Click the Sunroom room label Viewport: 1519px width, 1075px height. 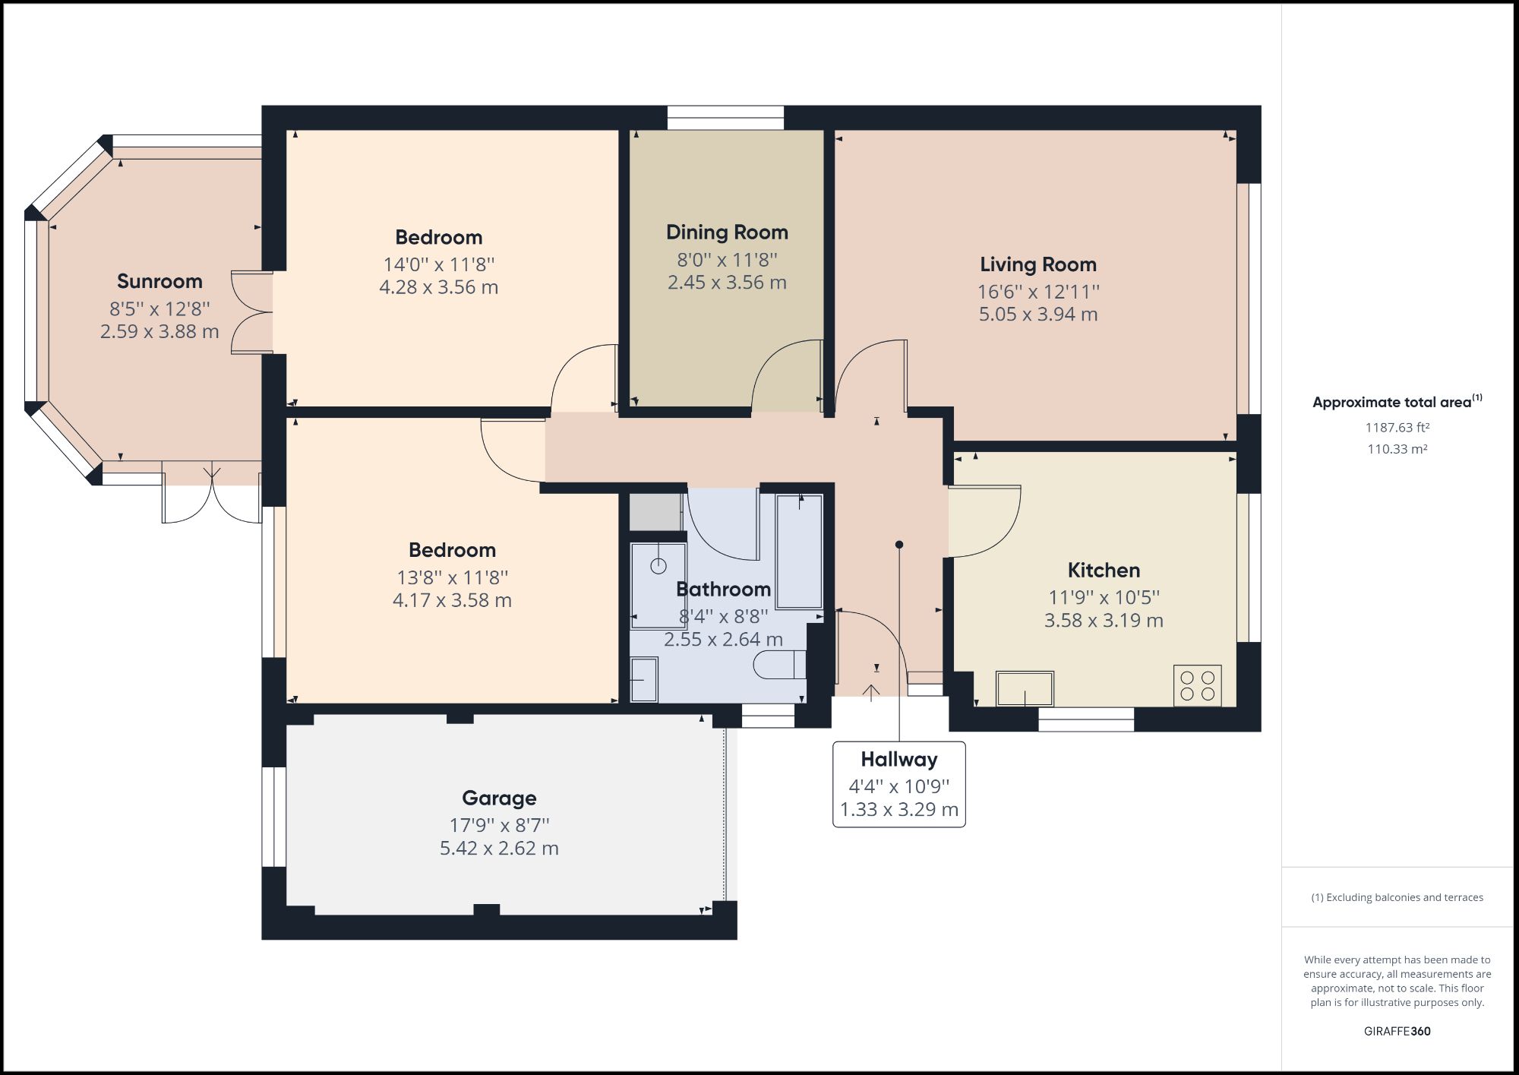(159, 281)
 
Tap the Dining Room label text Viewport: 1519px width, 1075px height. (727, 232)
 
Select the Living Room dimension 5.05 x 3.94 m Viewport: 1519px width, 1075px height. (1037, 315)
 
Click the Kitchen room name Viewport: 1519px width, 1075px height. (1103, 571)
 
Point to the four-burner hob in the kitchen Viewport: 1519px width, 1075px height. (1197, 685)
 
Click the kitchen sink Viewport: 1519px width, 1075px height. (1025, 688)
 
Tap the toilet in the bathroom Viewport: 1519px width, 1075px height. (779, 665)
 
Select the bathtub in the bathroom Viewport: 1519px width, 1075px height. (799, 551)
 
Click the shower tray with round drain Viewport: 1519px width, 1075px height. (658, 584)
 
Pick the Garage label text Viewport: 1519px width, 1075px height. (499, 798)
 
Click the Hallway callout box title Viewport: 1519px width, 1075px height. (898, 760)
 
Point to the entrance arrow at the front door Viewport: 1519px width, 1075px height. (870, 692)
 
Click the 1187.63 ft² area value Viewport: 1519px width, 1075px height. (1397, 428)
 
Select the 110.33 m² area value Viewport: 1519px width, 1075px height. (1397, 449)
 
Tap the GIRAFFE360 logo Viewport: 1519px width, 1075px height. (1397, 1031)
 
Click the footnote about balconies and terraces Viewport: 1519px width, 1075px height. (1397, 897)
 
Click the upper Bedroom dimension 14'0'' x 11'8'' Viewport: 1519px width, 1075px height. (438, 264)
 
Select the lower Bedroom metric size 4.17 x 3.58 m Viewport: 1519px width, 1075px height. (452, 600)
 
